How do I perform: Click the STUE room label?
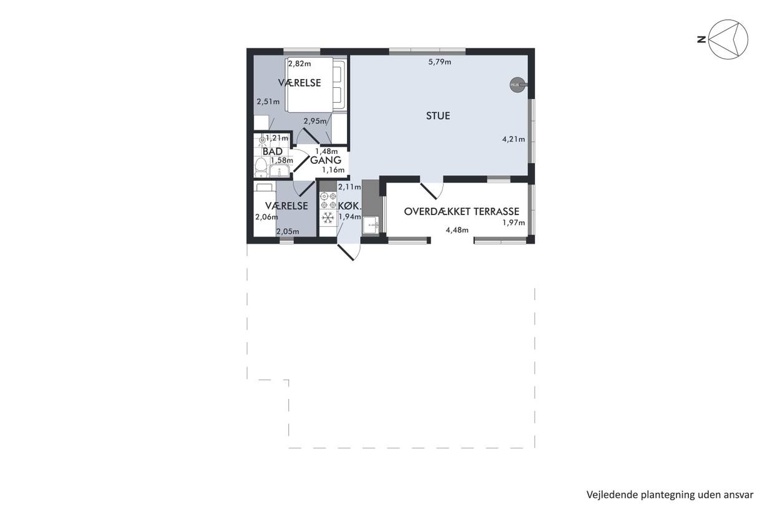pyautogui.click(x=438, y=116)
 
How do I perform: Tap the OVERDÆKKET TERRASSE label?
pyautogui.click(x=461, y=211)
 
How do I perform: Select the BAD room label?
pyautogui.click(x=273, y=151)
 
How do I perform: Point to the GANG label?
pyautogui.click(x=326, y=160)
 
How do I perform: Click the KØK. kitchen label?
pyautogui.click(x=350, y=206)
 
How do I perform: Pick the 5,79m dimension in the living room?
pyautogui.click(x=440, y=62)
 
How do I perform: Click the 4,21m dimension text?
pyautogui.click(x=514, y=139)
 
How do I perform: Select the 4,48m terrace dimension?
pyautogui.click(x=457, y=230)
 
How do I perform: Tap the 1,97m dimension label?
pyautogui.click(x=514, y=223)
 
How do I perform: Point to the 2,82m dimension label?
pyautogui.click(x=300, y=64)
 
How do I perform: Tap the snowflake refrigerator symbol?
pyautogui.click(x=328, y=218)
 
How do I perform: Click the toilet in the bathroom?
pyautogui.click(x=261, y=168)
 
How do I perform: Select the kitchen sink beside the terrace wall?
pyautogui.click(x=371, y=225)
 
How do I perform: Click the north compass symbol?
pyautogui.click(x=728, y=39)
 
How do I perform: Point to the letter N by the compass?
pyautogui.click(x=701, y=39)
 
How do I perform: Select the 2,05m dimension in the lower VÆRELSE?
pyautogui.click(x=288, y=231)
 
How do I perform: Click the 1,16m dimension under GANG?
pyautogui.click(x=333, y=170)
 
